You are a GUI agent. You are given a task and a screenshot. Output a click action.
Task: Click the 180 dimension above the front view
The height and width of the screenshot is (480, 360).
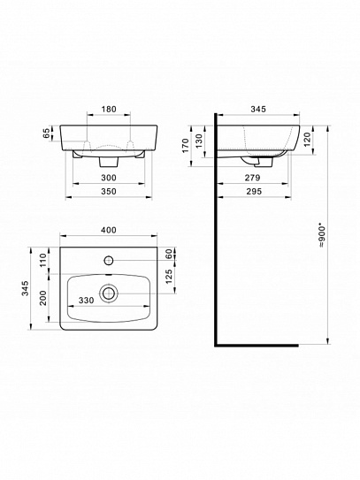[x=108, y=110]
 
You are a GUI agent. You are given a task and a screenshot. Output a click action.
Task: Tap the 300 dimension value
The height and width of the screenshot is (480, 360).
[x=108, y=178]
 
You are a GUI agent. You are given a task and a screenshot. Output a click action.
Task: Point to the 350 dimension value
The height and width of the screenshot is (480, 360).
[x=108, y=191]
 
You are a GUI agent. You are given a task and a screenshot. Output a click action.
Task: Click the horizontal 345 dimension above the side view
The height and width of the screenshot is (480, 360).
[x=259, y=110]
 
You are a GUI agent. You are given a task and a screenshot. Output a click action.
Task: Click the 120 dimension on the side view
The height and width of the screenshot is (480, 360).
[x=307, y=138]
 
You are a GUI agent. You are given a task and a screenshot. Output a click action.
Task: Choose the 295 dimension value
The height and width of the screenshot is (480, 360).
[x=253, y=191]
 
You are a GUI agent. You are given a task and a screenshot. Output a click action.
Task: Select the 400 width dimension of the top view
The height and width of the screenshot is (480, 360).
[x=108, y=230]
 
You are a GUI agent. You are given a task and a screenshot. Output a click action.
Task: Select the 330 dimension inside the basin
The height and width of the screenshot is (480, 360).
[x=85, y=300]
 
